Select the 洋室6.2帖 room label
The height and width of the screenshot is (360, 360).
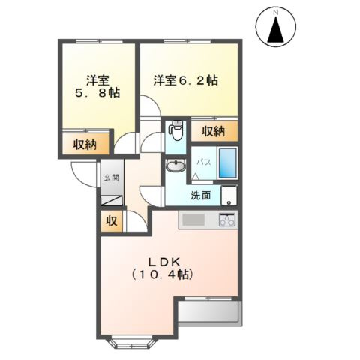point(186,79)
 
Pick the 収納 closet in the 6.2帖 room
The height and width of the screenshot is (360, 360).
point(214,132)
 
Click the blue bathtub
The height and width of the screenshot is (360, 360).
point(228,163)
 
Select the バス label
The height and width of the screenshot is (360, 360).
point(202,161)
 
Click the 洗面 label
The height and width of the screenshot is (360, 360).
point(200,196)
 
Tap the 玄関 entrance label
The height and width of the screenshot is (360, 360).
point(111,179)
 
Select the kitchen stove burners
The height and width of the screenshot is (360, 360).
point(226,220)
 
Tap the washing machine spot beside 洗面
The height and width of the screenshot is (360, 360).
point(229,195)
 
